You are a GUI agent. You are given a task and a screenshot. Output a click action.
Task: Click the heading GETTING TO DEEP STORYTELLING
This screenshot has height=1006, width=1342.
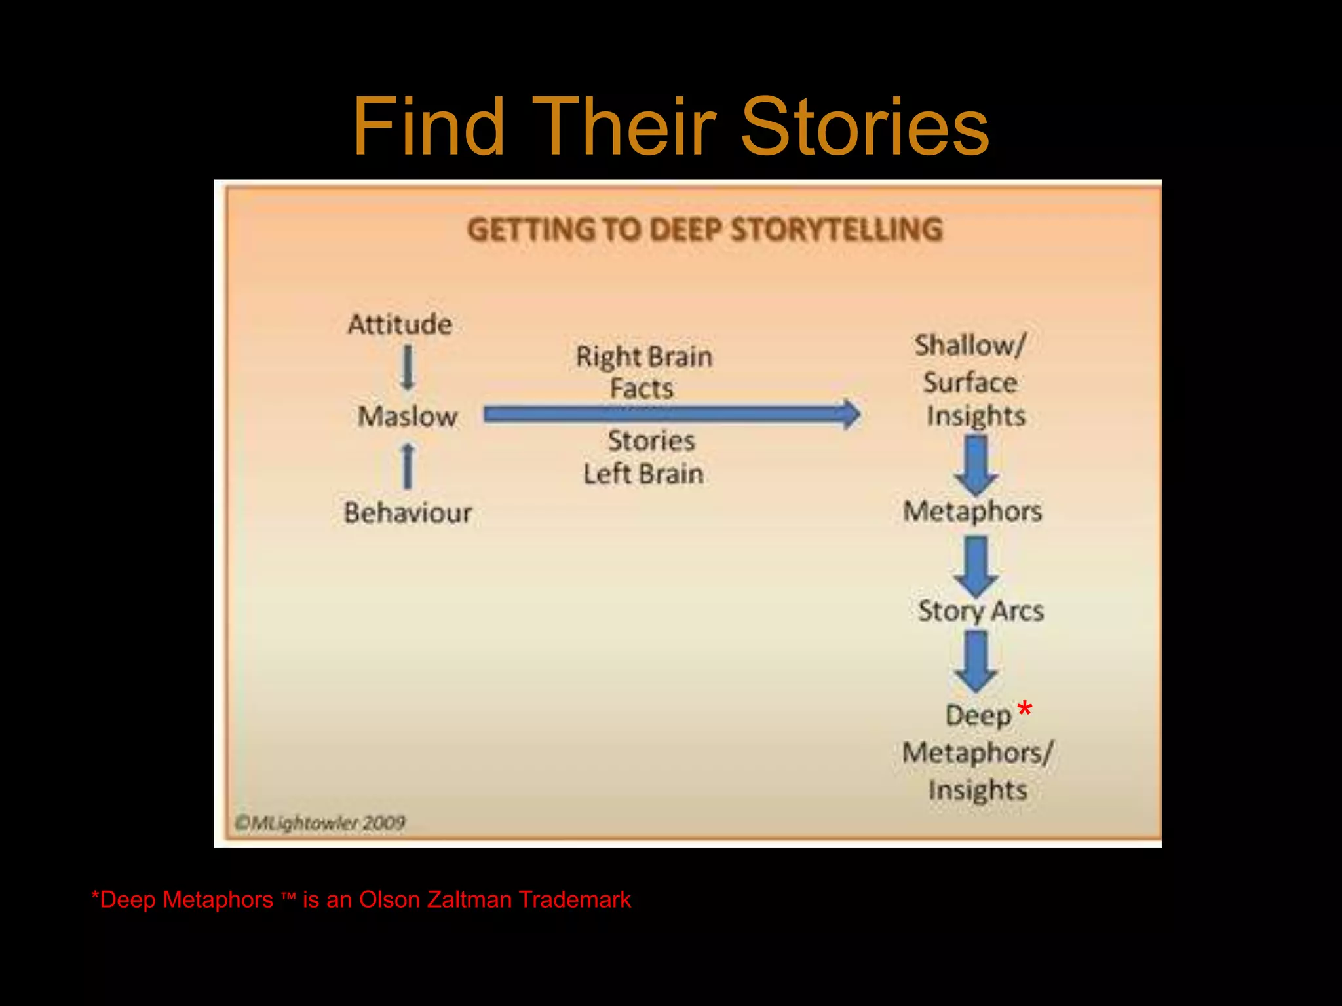[x=704, y=230]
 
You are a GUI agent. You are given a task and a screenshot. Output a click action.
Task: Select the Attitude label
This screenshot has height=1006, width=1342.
[x=400, y=325]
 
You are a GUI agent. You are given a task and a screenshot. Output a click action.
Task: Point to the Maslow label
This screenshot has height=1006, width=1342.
[x=407, y=417]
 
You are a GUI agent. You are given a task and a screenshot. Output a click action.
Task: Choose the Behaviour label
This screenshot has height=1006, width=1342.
[x=408, y=513]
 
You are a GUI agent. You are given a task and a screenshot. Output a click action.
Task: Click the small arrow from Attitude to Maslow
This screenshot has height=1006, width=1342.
[x=408, y=368]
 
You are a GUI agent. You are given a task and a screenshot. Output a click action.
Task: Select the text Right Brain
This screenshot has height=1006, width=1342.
[x=644, y=357]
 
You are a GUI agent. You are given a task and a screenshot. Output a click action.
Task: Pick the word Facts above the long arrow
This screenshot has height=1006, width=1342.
[x=642, y=388]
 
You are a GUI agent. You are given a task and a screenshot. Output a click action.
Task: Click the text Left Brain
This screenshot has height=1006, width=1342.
[x=643, y=474]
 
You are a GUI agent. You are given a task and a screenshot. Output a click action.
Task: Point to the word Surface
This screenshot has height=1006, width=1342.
[x=970, y=382]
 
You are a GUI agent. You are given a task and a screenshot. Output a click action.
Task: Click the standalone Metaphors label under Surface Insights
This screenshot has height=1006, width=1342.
[x=972, y=512]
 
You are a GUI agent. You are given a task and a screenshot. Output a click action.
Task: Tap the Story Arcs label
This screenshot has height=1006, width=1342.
[x=980, y=611]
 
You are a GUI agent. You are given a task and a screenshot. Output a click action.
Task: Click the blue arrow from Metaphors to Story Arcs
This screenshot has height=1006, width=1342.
[x=976, y=565]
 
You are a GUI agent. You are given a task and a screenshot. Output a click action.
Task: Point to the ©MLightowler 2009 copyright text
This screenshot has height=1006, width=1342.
[x=320, y=823]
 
